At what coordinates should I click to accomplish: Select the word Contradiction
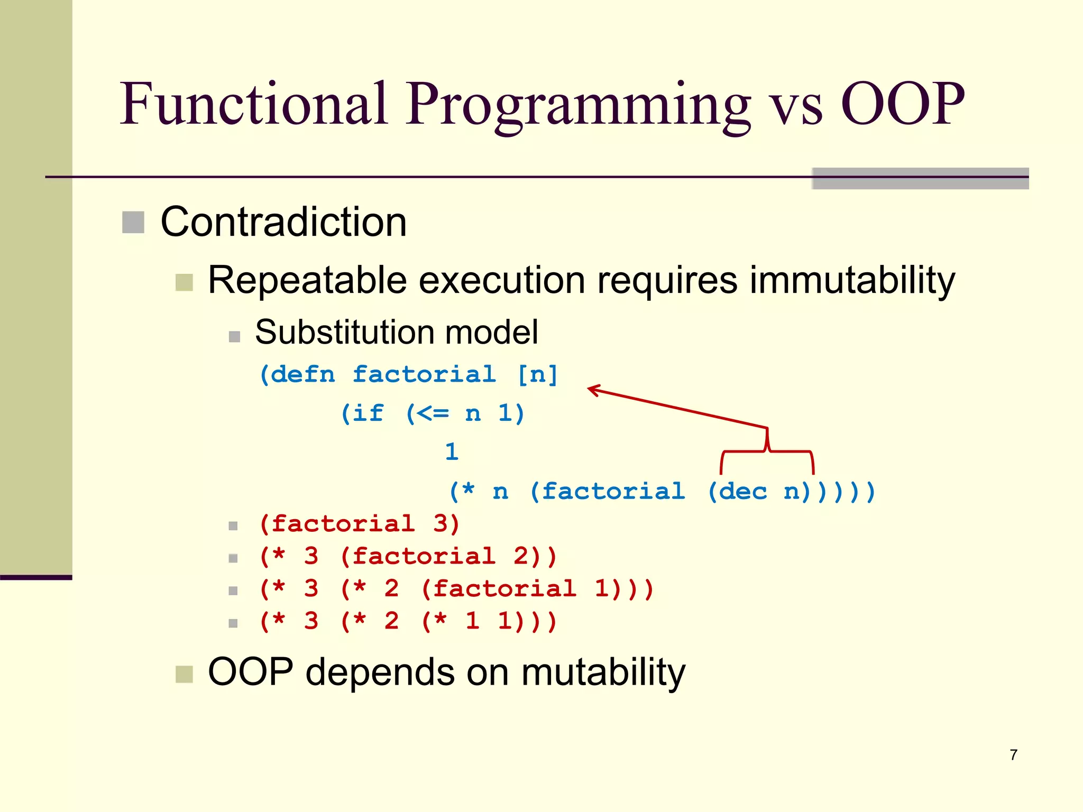point(283,222)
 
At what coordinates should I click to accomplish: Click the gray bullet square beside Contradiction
point(133,222)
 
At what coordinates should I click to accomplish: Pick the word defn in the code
point(304,374)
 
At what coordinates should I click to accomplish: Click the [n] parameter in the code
point(537,374)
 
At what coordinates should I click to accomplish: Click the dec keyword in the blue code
point(742,492)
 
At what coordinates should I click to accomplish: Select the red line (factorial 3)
point(360,524)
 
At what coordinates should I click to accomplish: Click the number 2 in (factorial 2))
point(520,556)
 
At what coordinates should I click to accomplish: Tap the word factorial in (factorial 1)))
point(504,588)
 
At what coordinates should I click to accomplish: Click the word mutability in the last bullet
point(603,672)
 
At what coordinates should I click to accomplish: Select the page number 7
point(1013,754)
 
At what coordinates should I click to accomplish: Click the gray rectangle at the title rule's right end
point(920,179)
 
